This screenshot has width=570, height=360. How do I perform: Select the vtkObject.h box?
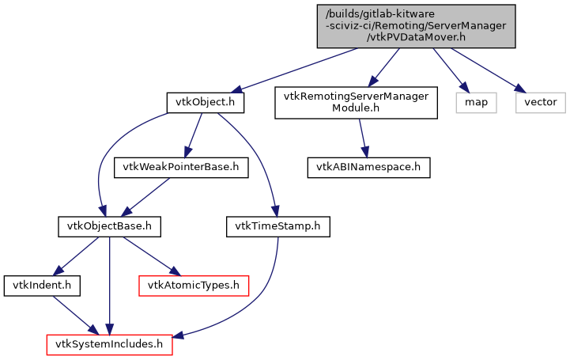pos(205,102)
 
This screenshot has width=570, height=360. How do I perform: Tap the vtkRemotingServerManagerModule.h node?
pos(356,103)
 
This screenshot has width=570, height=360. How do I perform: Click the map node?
pos(476,102)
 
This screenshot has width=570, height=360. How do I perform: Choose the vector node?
pos(541,102)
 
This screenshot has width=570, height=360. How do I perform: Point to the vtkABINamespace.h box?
pos(368,168)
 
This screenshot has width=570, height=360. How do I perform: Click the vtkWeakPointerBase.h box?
pos(182,168)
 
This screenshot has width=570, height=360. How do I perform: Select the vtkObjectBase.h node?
pos(110,227)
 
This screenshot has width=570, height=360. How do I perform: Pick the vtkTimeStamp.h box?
pos(277,227)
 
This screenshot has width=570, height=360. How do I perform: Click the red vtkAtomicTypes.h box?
pos(194,283)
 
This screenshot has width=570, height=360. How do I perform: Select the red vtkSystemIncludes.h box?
pos(110,344)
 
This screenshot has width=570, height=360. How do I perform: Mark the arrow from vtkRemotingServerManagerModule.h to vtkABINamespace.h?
pos(363,135)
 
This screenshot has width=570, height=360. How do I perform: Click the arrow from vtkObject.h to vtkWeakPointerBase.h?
pos(193,135)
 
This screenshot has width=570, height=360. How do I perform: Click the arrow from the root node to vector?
pos(482,69)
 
